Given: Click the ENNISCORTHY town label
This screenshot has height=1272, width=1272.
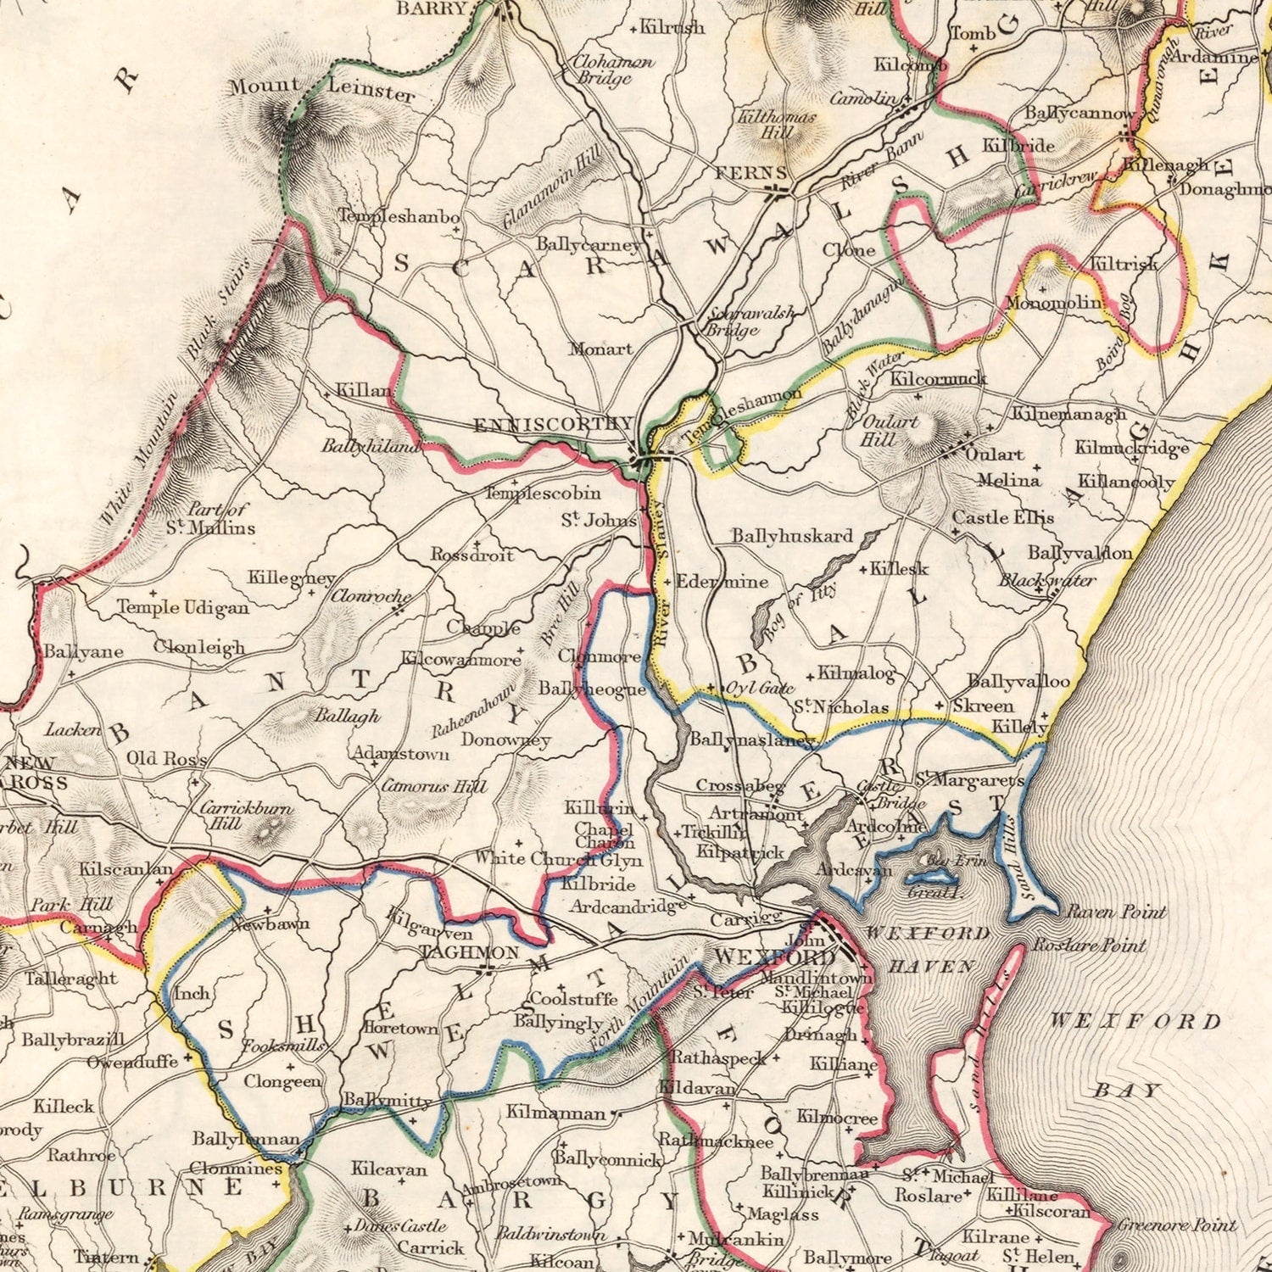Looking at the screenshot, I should pos(552,424).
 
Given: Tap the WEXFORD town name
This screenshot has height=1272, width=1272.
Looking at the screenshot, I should pos(774,957).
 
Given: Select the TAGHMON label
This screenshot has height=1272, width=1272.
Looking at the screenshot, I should pos(469,952).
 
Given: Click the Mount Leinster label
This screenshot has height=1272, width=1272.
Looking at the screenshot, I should pos(322,89).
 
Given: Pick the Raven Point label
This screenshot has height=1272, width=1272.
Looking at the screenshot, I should pos(1115,912).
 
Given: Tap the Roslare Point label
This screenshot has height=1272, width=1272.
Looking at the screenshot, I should pos(1089,945).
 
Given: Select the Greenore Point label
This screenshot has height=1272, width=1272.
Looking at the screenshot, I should pos(1176,1225).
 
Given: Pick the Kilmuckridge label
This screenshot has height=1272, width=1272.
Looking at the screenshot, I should pos(1131,447).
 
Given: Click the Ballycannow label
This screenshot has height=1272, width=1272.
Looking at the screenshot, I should pos(1079,114).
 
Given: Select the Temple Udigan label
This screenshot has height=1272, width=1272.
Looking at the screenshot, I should pos(183,607).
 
